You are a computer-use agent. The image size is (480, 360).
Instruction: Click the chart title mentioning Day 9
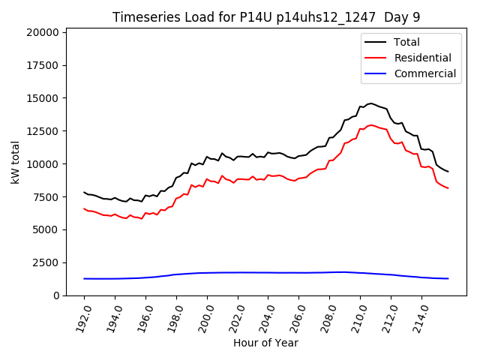pos(265,17)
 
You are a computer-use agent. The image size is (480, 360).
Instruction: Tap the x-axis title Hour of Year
pos(265,343)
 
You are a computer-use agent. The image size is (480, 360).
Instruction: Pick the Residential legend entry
pos(423,58)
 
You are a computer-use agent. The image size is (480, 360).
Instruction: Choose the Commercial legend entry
pos(425,73)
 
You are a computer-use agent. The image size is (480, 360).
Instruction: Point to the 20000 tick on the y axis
pos(43,32)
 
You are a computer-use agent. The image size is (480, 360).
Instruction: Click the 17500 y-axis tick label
pos(43,65)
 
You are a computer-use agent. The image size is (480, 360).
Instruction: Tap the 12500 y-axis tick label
pos(43,131)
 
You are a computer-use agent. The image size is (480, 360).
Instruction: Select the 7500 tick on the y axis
pos(46,197)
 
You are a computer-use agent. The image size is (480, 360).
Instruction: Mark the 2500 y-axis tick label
pos(46,262)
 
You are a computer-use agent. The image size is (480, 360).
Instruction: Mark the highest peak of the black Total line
pos(371,103)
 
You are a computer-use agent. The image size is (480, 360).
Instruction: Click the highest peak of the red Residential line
pos(371,125)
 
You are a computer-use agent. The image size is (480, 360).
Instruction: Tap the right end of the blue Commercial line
pos(448,278)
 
